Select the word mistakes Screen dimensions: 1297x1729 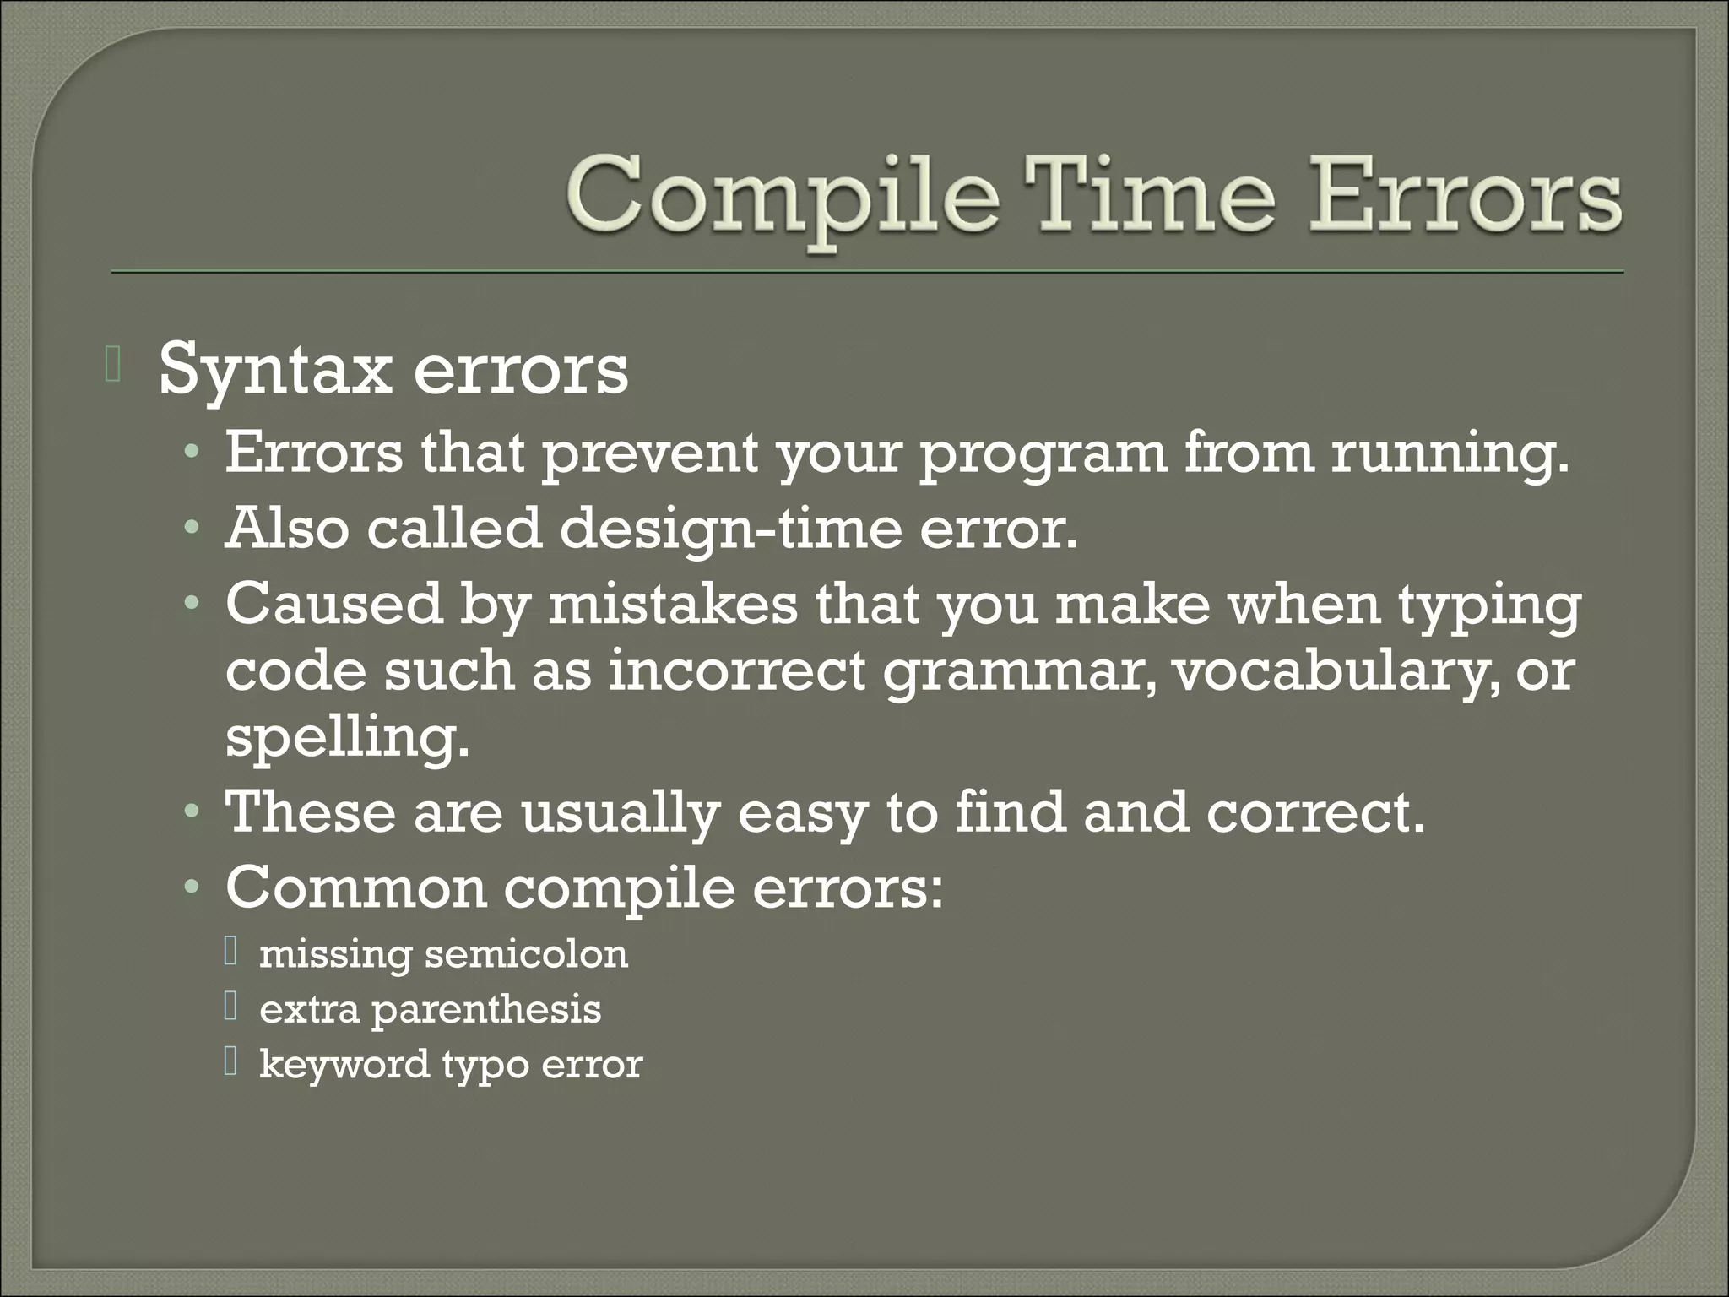672,604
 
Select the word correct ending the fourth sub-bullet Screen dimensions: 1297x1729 1314,812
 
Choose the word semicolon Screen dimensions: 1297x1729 526,955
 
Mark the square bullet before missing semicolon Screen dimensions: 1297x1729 231,953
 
